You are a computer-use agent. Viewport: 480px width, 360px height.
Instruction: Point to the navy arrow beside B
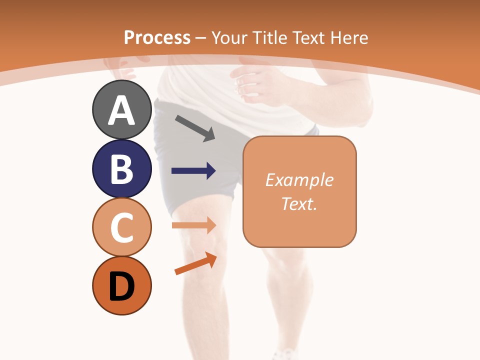(x=193, y=171)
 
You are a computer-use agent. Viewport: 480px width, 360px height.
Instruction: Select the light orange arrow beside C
(x=193, y=225)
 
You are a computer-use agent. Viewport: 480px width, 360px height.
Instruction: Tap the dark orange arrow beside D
(x=195, y=263)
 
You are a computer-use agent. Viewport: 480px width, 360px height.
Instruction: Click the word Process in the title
(x=157, y=37)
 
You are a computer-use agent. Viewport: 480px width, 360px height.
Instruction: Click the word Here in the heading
(x=349, y=37)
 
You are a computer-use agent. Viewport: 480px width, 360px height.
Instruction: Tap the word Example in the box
(x=299, y=180)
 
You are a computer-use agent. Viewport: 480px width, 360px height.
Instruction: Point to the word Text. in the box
(x=299, y=203)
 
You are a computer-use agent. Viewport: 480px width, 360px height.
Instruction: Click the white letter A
(x=122, y=111)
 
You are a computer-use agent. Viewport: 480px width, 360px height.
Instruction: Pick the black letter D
(x=122, y=286)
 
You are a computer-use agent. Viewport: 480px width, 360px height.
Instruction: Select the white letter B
(x=122, y=169)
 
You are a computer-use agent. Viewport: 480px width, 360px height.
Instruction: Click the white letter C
(x=122, y=227)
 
